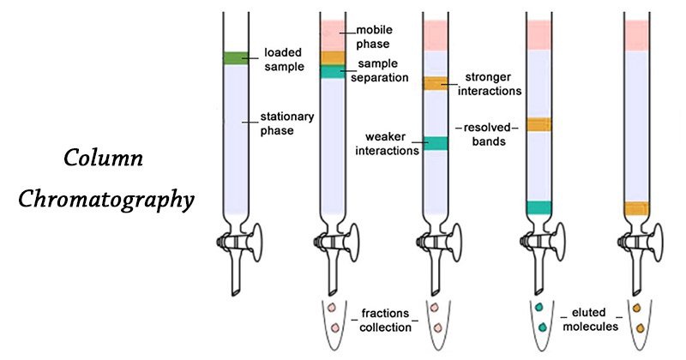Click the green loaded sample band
(235, 58)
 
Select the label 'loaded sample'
(284, 58)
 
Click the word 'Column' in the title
(104, 159)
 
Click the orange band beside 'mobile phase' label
(332, 57)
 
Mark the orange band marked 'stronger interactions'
(435, 83)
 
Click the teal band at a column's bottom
(538, 207)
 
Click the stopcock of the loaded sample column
(235, 243)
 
